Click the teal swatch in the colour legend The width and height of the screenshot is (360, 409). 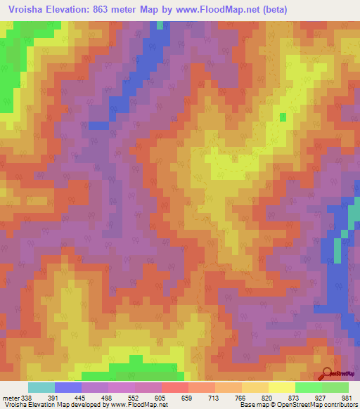[x=41, y=387]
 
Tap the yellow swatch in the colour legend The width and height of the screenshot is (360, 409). [x=281, y=387]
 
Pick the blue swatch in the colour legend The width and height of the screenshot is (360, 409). [x=68, y=387]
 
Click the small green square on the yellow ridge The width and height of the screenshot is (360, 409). [x=283, y=117]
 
